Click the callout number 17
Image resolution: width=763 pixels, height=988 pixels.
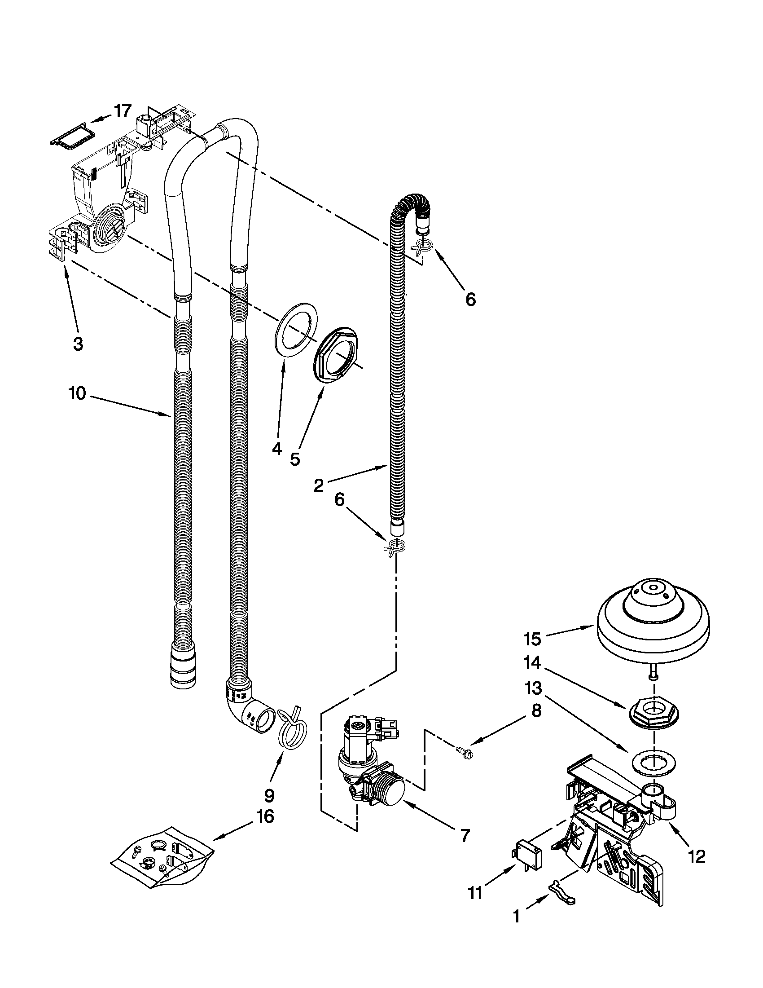coord(122,111)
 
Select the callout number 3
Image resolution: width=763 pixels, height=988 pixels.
coord(78,344)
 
